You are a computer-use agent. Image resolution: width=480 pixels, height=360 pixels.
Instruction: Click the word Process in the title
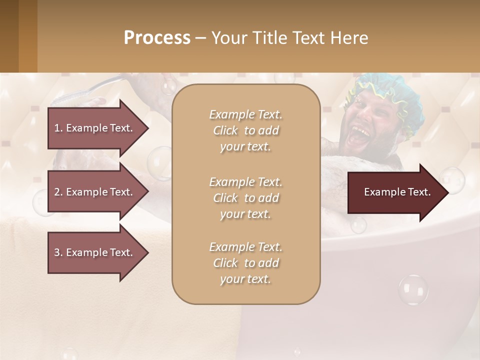click(x=157, y=37)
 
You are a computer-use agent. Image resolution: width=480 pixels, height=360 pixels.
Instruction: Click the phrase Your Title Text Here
click(x=290, y=37)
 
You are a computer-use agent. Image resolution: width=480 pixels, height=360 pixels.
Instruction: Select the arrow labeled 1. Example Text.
click(x=97, y=128)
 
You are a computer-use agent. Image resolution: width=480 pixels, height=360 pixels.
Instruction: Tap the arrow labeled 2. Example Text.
click(x=97, y=192)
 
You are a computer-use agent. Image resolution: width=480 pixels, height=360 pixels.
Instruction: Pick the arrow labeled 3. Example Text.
click(x=97, y=252)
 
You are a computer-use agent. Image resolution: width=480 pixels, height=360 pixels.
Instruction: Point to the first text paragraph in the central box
click(x=245, y=130)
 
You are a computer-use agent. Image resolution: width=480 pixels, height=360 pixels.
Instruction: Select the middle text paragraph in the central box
click(x=245, y=198)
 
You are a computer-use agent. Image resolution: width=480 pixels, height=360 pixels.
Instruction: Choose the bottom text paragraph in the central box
click(x=245, y=263)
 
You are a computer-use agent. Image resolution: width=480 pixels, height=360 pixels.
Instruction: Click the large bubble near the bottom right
click(x=413, y=289)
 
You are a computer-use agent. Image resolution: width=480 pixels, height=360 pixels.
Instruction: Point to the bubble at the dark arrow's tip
click(x=451, y=180)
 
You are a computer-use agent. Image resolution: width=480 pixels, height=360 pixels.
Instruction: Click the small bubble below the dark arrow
click(x=358, y=225)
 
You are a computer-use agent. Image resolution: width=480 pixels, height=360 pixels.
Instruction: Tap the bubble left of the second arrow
click(x=40, y=202)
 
